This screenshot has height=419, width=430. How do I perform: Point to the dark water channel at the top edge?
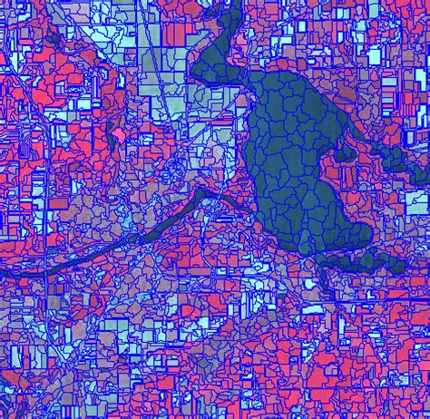click(x=222, y=18)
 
